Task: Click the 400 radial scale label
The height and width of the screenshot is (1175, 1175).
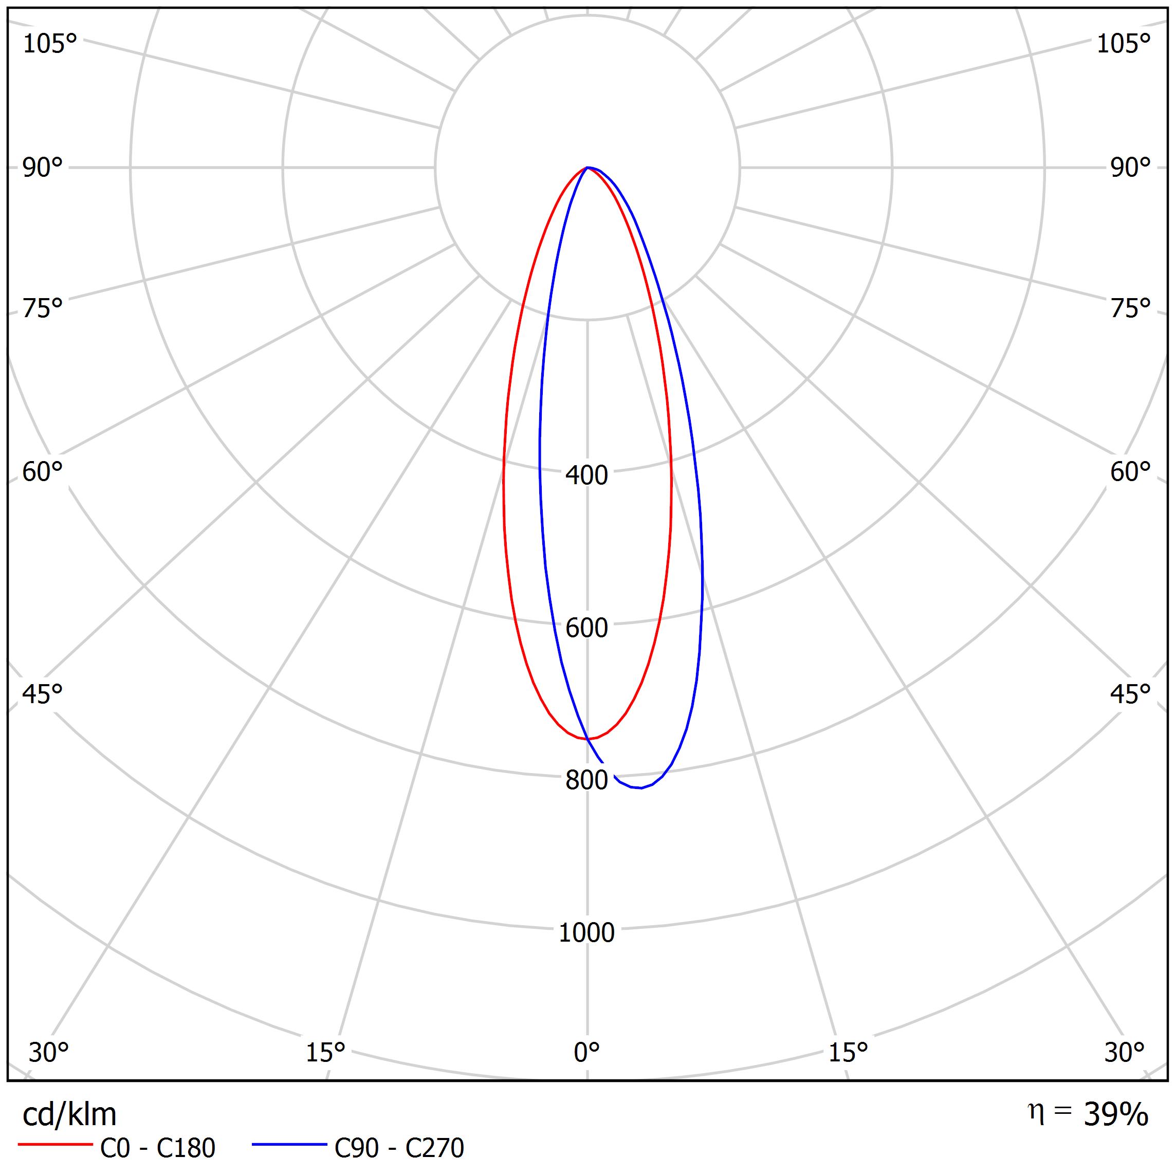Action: coord(586,475)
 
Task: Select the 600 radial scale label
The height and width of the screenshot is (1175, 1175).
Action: coord(586,628)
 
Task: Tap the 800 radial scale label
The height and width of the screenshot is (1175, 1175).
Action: coord(586,780)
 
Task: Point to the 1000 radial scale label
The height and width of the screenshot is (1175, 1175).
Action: coord(586,932)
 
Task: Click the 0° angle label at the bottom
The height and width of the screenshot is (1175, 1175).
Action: coord(586,1052)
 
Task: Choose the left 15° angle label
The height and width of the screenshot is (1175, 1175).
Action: coord(325,1052)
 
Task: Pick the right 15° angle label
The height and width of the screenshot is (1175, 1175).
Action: coord(848,1052)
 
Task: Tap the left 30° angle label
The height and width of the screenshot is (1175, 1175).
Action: coord(49,1052)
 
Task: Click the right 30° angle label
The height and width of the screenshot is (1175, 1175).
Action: coord(1124,1052)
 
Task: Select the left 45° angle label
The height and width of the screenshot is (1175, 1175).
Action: coord(43,694)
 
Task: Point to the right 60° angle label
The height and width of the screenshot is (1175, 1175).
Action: coord(1130,472)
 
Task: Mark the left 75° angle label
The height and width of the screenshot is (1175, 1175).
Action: coord(43,309)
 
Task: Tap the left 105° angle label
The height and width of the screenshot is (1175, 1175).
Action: coord(50,44)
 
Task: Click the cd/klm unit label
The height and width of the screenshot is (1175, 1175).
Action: coord(69,1115)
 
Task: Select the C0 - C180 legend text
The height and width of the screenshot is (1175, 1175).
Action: coord(157,1148)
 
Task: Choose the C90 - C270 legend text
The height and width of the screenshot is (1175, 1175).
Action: coord(399,1148)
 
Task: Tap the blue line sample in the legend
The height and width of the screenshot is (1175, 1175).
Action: coord(289,1145)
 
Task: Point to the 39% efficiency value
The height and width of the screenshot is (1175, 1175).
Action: coord(1116,1114)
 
